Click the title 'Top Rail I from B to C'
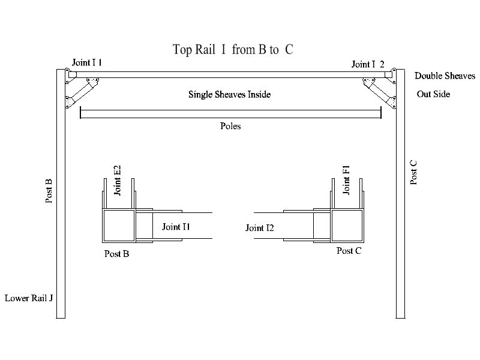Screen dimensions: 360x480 click(x=233, y=49)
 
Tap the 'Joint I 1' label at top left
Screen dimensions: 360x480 click(x=87, y=62)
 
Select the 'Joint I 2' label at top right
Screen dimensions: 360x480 click(x=368, y=64)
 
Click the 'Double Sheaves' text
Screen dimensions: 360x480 click(x=445, y=76)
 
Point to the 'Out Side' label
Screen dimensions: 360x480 click(x=433, y=94)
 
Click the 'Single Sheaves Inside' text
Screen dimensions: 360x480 click(x=229, y=94)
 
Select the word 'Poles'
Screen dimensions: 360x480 click(x=229, y=127)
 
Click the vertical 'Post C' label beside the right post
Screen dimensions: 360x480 click(x=414, y=172)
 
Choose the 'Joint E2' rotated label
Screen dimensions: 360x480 click(x=118, y=180)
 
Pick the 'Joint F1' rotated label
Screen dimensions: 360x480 click(x=346, y=181)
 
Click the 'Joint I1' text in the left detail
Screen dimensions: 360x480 click(x=176, y=227)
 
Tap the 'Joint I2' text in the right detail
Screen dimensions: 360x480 click(x=260, y=228)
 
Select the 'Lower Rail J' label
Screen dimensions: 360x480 click(x=30, y=298)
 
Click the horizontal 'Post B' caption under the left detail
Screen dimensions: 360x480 click(x=116, y=253)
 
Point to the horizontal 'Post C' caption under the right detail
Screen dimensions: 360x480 click(x=349, y=251)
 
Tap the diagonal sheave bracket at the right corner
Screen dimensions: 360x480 click(x=379, y=92)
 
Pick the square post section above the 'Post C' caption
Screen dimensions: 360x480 click(x=347, y=226)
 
